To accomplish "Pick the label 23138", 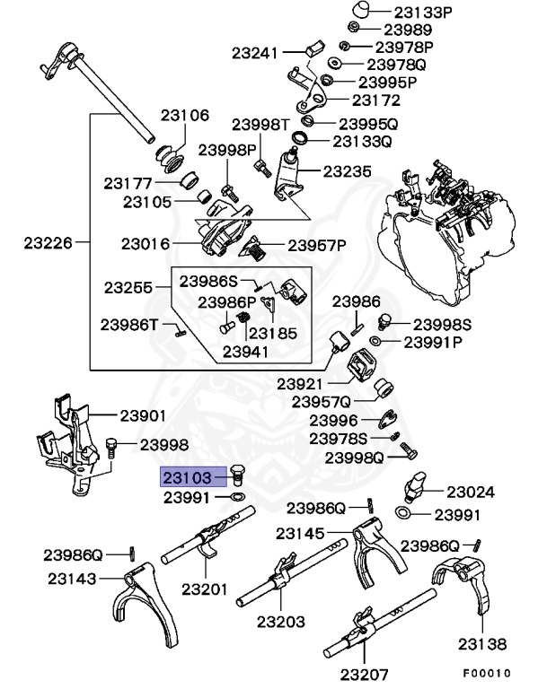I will click(x=481, y=643).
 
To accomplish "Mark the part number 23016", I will click(x=146, y=242).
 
